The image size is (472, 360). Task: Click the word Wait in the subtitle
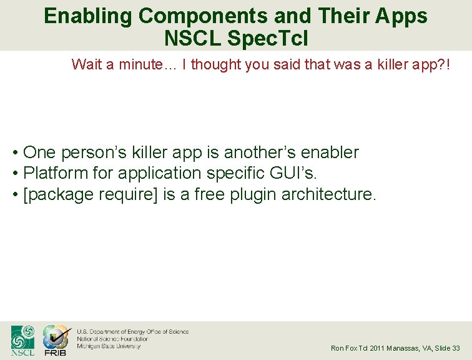86,64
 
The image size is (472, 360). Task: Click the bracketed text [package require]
91,194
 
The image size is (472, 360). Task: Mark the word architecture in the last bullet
328,194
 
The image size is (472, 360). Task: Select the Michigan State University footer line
108,346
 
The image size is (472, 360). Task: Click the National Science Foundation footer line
112,339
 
